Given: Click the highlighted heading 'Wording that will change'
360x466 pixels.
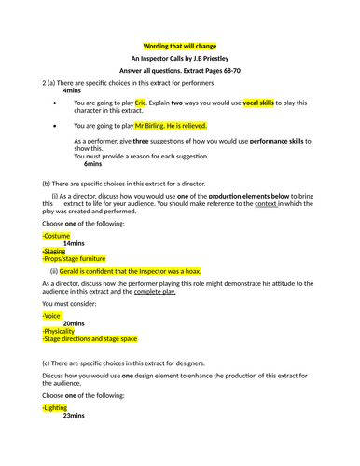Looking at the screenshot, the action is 179,45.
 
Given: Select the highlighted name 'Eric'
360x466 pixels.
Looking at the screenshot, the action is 141,102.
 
